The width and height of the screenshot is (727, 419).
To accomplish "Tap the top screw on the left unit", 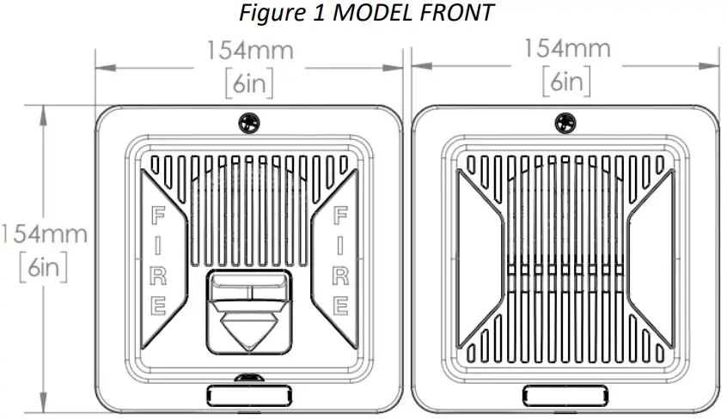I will point(248,123).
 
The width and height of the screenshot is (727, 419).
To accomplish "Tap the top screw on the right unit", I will point(565,123).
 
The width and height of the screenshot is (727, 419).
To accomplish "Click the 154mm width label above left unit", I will point(249,51).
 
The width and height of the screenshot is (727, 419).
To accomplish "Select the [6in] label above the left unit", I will point(249,82).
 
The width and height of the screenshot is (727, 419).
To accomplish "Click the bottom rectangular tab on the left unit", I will point(248,394).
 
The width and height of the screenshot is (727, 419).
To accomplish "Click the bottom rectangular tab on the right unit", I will point(565,394).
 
